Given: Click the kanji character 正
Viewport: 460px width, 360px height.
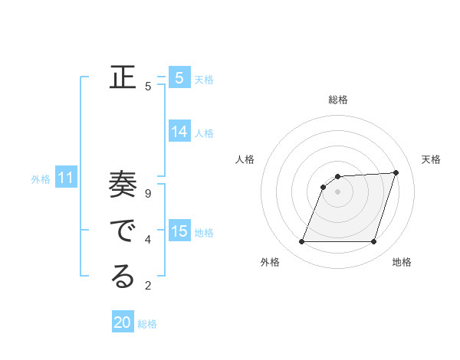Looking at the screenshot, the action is coord(123,77).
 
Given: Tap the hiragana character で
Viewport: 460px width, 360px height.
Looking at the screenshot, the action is coord(123,231).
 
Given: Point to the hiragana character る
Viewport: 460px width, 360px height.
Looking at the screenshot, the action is coord(123,277).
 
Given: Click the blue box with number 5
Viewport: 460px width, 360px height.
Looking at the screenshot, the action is coord(179,77).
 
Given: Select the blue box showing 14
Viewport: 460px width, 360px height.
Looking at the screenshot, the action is coord(179,132).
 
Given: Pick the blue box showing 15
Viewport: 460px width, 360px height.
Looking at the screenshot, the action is coord(179,231).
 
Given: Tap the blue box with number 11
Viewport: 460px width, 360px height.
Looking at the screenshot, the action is coord(66,178).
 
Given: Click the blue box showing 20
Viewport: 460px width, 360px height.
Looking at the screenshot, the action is coord(123,322).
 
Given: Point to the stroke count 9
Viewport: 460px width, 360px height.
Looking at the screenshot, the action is coord(148,194).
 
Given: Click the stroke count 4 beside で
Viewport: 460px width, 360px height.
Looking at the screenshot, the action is coord(148,240).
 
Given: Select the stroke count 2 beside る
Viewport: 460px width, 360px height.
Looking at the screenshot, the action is coord(148,286).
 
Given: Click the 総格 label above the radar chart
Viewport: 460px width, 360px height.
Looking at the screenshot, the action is coord(338,100).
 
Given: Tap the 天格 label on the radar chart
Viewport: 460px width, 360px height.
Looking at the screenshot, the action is coord(431,159).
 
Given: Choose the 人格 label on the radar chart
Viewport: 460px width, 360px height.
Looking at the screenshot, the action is coord(245,159).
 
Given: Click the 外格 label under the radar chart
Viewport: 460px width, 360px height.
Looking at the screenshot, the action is coord(270,262).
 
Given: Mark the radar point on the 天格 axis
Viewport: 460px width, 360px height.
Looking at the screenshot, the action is coord(396,172).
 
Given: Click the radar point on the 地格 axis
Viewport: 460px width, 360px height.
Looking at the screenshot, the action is coord(373,242).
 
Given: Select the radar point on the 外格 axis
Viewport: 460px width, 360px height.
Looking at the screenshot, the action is coord(302,242).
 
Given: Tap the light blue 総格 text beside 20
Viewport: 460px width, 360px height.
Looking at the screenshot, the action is coord(147,324).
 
